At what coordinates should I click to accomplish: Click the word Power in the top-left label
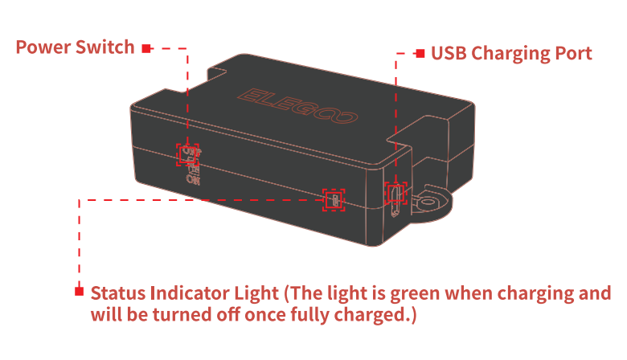43,47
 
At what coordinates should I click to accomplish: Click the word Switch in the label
104,47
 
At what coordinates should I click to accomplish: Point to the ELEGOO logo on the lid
297,106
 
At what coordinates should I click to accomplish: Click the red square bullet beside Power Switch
147,48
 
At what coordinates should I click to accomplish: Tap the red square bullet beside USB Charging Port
420,53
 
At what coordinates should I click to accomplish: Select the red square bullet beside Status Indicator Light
79,291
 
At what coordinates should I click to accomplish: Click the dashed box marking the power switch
177,154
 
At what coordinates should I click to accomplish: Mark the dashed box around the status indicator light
323,200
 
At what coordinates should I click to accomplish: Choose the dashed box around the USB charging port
386,194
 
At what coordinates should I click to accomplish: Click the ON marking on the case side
193,179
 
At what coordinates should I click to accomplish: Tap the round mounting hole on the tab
428,202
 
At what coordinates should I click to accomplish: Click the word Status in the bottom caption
118,293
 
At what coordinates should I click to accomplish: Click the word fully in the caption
311,315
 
